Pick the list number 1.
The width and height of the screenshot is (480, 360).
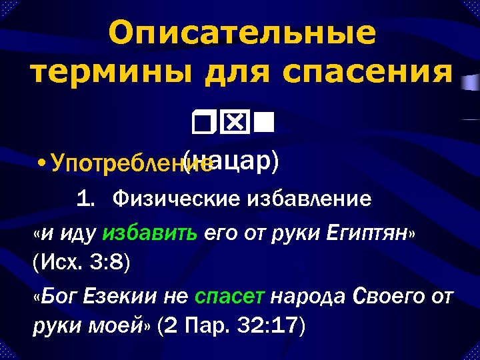[84, 199]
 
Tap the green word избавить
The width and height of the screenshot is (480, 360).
[149, 233]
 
